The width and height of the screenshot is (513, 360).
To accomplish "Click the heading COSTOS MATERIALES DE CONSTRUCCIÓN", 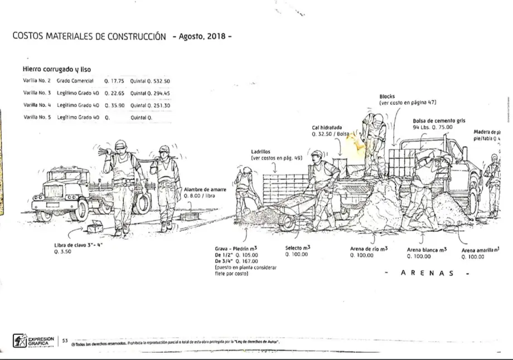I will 89,37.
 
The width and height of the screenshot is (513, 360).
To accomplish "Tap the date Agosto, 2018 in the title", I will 201,37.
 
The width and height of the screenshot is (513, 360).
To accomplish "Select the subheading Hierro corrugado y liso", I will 56,70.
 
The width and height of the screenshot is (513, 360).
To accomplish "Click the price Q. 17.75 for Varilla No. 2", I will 114,81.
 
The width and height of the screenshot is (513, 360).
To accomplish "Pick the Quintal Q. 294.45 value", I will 150,94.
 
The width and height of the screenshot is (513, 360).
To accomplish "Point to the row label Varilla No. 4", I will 37,105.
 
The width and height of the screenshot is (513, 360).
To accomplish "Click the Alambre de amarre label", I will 205,190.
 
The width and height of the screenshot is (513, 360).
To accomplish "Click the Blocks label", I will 387,96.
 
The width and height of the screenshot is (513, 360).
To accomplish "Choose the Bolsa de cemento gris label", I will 439,120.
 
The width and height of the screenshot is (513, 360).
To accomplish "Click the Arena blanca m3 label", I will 427,250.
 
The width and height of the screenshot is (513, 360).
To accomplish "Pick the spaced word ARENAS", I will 427,273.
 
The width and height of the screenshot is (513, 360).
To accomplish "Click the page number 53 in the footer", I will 65,339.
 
